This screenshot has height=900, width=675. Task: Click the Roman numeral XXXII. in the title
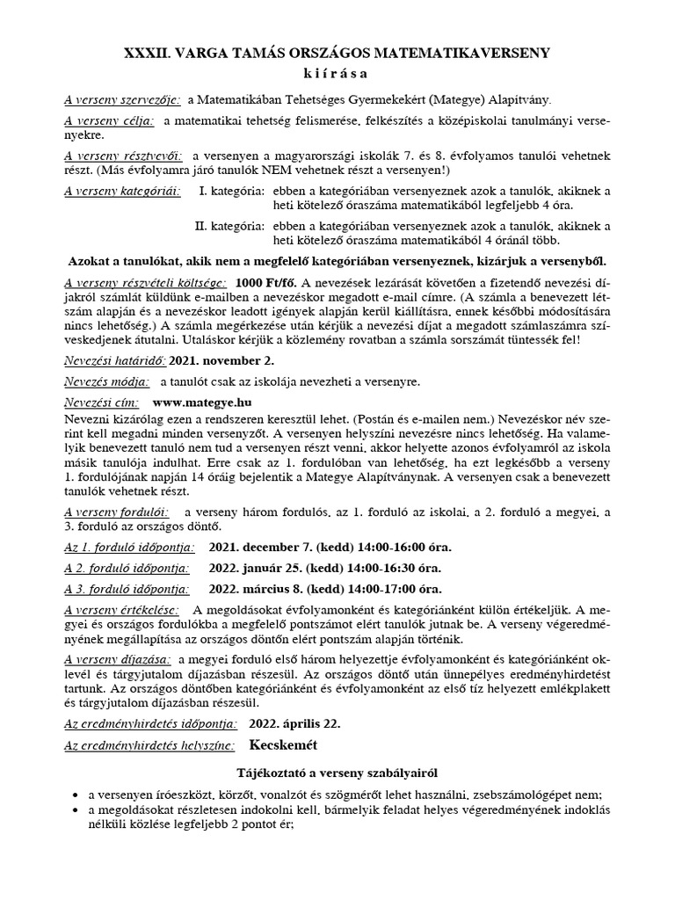[x=149, y=54]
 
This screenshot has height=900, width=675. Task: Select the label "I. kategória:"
[x=231, y=191]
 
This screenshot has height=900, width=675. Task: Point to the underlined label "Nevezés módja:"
[x=107, y=381]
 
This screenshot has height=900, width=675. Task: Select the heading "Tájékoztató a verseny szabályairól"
[x=337, y=773]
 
